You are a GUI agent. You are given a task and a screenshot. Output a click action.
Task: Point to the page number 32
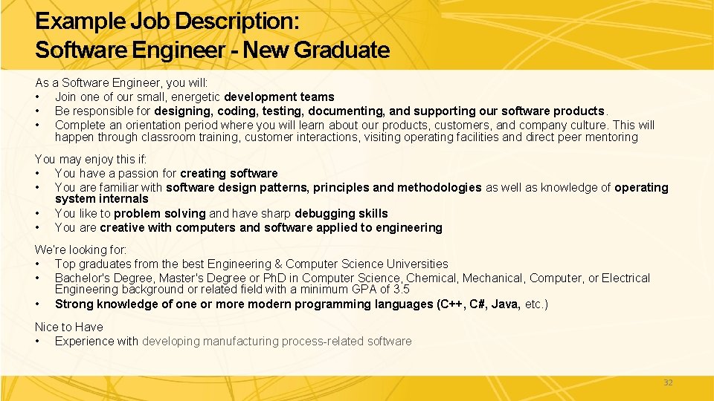(667, 382)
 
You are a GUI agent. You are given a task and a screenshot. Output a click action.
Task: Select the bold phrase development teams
(279, 97)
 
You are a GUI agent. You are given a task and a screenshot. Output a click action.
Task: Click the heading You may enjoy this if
(91, 159)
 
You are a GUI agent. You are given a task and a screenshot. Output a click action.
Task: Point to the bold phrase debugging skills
(341, 213)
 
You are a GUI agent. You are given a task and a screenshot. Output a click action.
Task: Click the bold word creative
(123, 227)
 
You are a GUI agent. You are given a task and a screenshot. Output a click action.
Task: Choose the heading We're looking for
(81, 250)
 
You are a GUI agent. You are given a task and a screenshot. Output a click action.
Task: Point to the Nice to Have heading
(69, 327)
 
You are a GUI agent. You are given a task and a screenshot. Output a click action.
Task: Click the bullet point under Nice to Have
(37, 341)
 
